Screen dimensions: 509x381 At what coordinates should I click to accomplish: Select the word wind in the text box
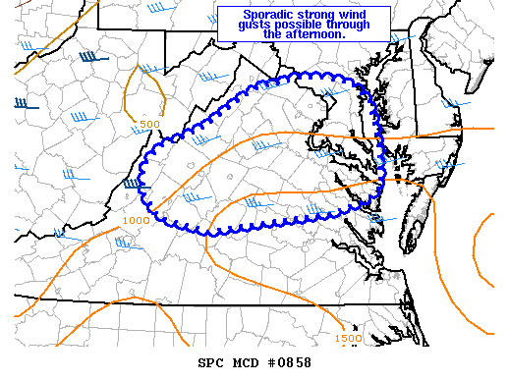352,14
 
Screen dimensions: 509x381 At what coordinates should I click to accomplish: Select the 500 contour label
149,124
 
